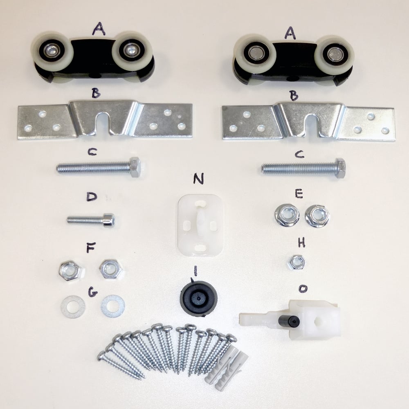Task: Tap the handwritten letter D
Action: [x=92, y=197]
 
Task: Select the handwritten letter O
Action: [x=303, y=288]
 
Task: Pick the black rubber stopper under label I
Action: [x=199, y=299]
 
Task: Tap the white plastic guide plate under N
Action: [x=200, y=225]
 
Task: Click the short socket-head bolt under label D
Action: [x=91, y=221]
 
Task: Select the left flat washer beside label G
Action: [x=73, y=307]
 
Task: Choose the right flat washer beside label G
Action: [x=113, y=306]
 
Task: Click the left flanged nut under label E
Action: [x=287, y=215]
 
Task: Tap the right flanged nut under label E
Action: [x=317, y=216]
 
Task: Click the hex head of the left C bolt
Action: [x=135, y=167]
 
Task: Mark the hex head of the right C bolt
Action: [x=340, y=168]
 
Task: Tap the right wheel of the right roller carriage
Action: [x=334, y=55]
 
